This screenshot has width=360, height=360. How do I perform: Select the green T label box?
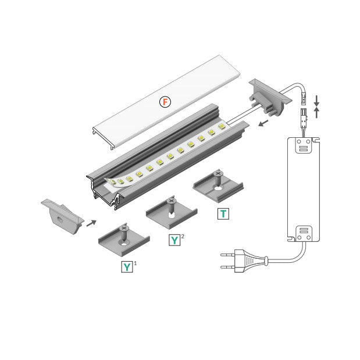pyautogui.click(x=223, y=213)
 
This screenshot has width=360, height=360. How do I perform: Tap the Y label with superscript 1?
pyautogui.click(x=127, y=267)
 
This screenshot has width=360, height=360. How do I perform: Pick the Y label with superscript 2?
pyautogui.click(x=174, y=240)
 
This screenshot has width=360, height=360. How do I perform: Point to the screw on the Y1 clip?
pyautogui.click(x=123, y=230)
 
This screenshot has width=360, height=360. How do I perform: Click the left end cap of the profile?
pyautogui.click(x=60, y=216)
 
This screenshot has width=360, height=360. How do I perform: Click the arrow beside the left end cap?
pyautogui.click(x=91, y=222)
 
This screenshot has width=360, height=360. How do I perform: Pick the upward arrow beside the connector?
pyautogui.click(x=316, y=112)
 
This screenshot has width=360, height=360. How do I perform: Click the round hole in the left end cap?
pyautogui.click(x=60, y=221)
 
